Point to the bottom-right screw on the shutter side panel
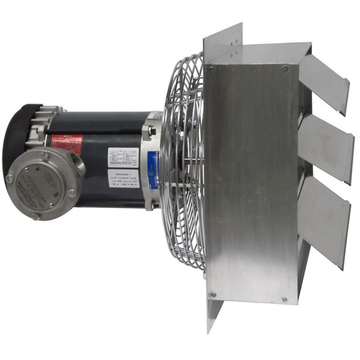coord(284,300)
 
